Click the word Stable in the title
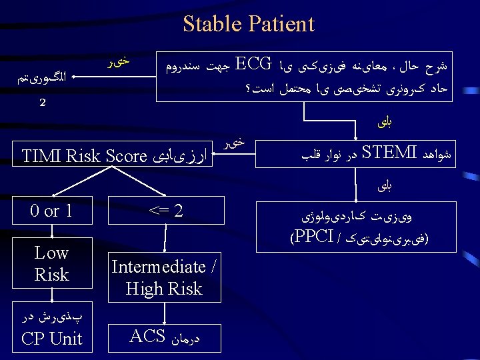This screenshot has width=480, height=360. [x=213, y=24]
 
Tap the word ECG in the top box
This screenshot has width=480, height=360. [x=253, y=65]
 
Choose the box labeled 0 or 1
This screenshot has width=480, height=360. [x=51, y=212]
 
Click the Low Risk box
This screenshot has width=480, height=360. [x=51, y=263]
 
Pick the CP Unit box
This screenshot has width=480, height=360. [x=51, y=329]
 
